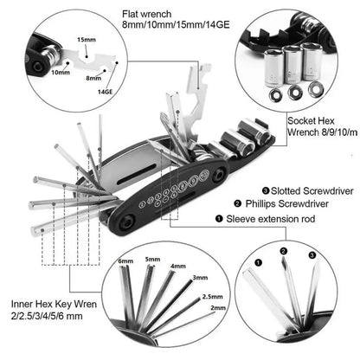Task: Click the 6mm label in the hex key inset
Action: [126, 261]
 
